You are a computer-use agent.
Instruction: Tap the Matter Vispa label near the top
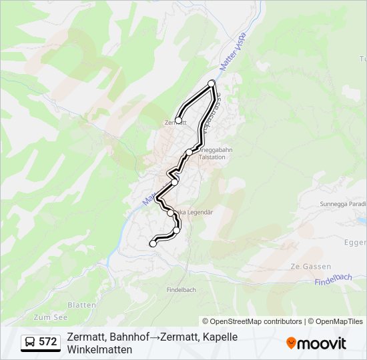(x=234, y=51)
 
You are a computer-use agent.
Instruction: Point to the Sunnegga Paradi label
(x=343, y=204)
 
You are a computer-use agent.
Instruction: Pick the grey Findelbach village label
(x=181, y=290)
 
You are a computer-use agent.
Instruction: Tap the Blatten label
(x=81, y=305)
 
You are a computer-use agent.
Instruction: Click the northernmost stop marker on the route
(x=212, y=83)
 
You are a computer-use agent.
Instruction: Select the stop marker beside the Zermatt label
(x=178, y=121)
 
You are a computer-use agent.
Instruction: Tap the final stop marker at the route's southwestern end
(x=153, y=244)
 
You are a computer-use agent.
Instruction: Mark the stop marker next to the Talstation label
(x=190, y=153)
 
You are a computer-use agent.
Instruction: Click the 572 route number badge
(x=48, y=342)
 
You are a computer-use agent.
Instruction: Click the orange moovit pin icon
(x=291, y=343)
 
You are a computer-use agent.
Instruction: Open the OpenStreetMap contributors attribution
(x=257, y=321)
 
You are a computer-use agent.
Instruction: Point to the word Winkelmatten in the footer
(x=99, y=349)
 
